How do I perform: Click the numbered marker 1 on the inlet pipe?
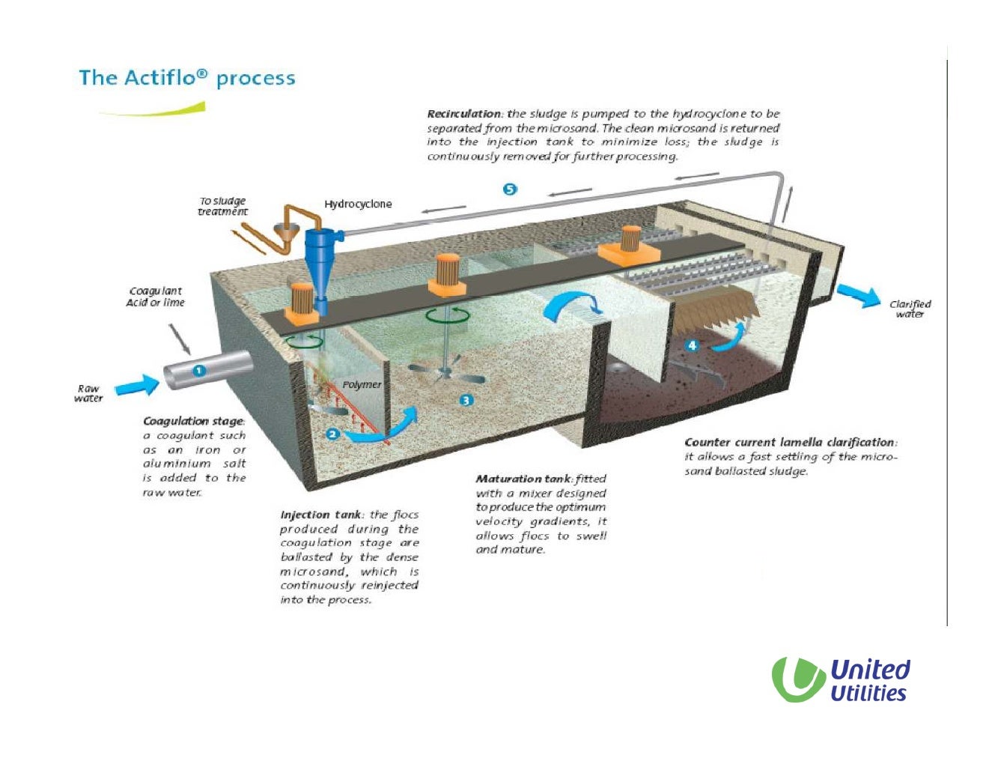pyautogui.click(x=198, y=371)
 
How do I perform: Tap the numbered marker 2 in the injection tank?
pyautogui.click(x=333, y=434)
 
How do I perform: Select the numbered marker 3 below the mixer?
pyautogui.click(x=466, y=401)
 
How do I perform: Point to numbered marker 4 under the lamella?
pyautogui.click(x=692, y=345)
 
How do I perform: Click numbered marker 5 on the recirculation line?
pyautogui.click(x=510, y=190)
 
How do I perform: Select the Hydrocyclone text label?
pyautogui.click(x=358, y=204)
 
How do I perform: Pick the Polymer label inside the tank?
pyautogui.click(x=362, y=384)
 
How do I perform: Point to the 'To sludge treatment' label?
pyautogui.click(x=222, y=206)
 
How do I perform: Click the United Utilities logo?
pyautogui.click(x=841, y=680)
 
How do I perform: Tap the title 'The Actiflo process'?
pyautogui.click(x=186, y=78)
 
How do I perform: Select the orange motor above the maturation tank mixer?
pyautogui.click(x=448, y=274)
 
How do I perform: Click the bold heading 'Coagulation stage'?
pyautogui.click(x=193, y=421)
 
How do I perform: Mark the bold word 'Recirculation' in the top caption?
pyautogui.click(x=464, y=114)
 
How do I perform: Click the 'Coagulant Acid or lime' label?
pyautogui.click(x=155, y=297)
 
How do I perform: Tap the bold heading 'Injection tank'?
pyautogui.click(x=321, y=515)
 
